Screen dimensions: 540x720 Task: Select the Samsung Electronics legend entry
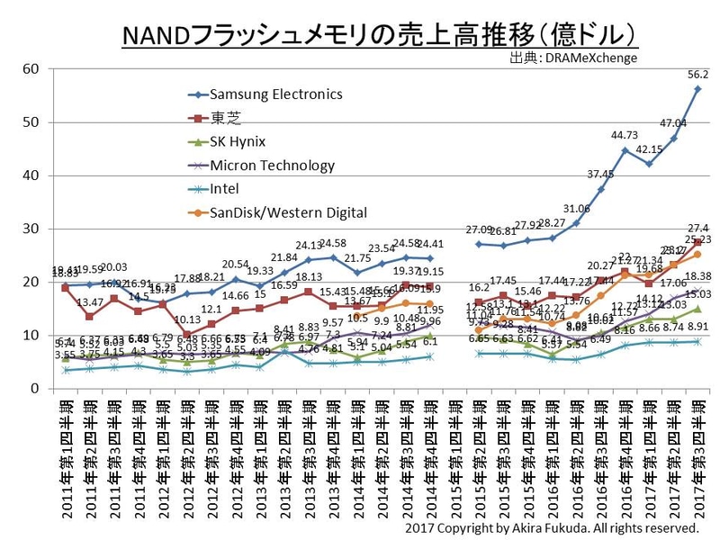(275, 94)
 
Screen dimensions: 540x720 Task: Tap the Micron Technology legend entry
(272, 165)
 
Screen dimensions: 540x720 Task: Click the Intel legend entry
(225, 189)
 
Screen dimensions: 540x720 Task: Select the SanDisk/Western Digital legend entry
(288, 212)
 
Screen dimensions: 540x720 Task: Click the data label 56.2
(697, 75)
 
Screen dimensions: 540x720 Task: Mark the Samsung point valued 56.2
(697, 89)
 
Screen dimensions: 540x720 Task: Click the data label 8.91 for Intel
(697, 328)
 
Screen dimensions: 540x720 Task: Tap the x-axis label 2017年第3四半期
(697, 460)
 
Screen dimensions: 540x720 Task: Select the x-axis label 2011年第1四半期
(64, 460)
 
